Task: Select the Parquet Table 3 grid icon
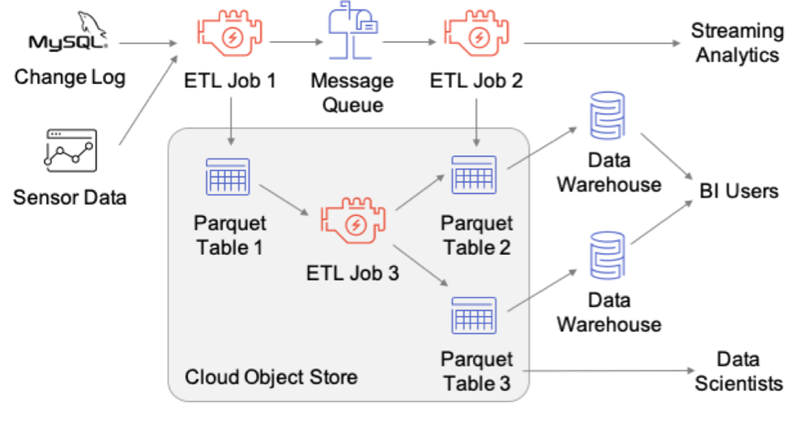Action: (473, 316)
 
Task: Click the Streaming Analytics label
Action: (737, 43)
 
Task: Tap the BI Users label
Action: (739, 192)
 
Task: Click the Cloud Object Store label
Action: (271, 377)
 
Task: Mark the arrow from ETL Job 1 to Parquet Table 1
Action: (232, 121)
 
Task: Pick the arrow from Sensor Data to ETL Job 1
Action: (151, 97)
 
